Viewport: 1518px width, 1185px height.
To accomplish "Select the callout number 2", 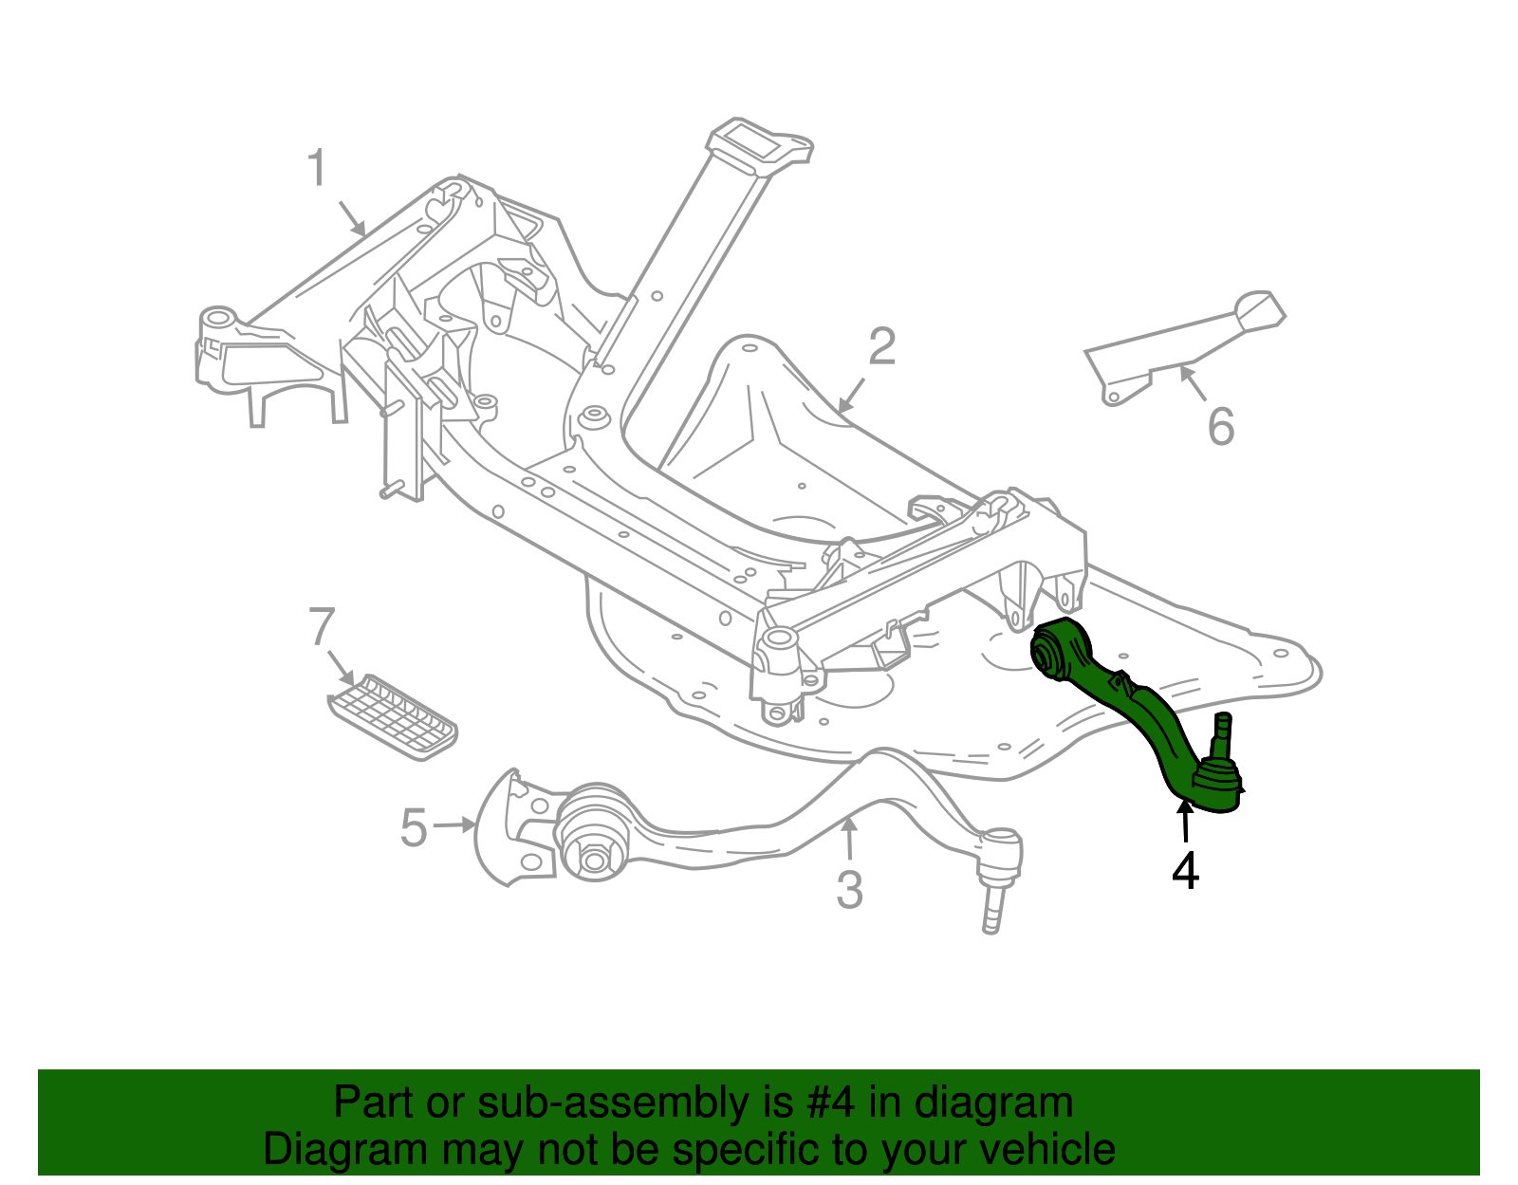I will pos(881,347).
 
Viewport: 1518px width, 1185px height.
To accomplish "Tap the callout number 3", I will pos(849,890).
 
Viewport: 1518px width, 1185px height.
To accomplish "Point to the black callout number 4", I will pos(1185,871).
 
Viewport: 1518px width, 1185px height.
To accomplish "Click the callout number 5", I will pos(414,827).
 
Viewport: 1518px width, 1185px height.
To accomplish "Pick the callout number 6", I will pos(1220,426).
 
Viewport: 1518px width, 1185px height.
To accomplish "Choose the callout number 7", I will pos(323,627).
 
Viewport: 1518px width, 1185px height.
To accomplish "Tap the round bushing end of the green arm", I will pos(1050,653).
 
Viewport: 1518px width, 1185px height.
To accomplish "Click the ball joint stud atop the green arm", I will pos(1223,731).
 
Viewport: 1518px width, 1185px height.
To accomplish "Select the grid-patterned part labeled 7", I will pos(394,717).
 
